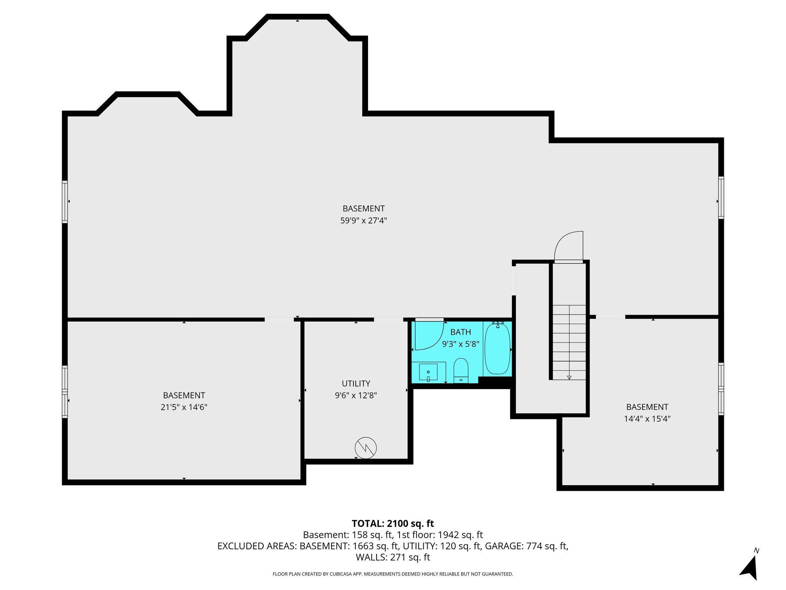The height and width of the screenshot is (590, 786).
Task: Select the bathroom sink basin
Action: pyautogui.click(x=428, y=372)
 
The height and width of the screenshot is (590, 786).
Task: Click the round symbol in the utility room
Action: pyautogui.click(x=366, y=448)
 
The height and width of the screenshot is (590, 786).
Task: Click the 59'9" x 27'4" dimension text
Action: pyautogui.click(x=363, y=220)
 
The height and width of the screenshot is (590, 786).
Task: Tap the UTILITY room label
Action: pyautogui.click(x=356, y=383)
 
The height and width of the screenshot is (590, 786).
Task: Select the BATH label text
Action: pyautogui.click(x=461, y=332)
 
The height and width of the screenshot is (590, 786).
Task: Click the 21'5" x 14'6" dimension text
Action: pyautogui.click(x=184, y=407)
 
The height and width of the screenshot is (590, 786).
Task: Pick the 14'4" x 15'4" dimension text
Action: pyautogui.click(x=647, y=419)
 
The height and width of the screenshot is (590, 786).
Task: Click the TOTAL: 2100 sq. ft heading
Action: pyautogui.click(x=393, y=523)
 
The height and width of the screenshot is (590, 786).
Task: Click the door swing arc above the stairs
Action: pyautogui.click(x=568, y=246)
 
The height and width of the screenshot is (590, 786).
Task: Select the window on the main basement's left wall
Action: pyautogui.click(x=65, y=202)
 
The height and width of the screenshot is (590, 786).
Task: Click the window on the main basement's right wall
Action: pyautogui.click(x=721, y=197)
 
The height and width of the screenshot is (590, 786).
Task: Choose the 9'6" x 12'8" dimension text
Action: pyautogui.click(x=356, y=395)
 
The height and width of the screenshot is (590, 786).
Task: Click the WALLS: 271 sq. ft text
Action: pyautogui.click(x=393, y=557)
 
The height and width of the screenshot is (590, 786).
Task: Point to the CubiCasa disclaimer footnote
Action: pyautogui.click(x=393, y=574)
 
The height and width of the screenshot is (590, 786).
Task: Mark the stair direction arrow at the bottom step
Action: pyautogui.click(x=569, y=378)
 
